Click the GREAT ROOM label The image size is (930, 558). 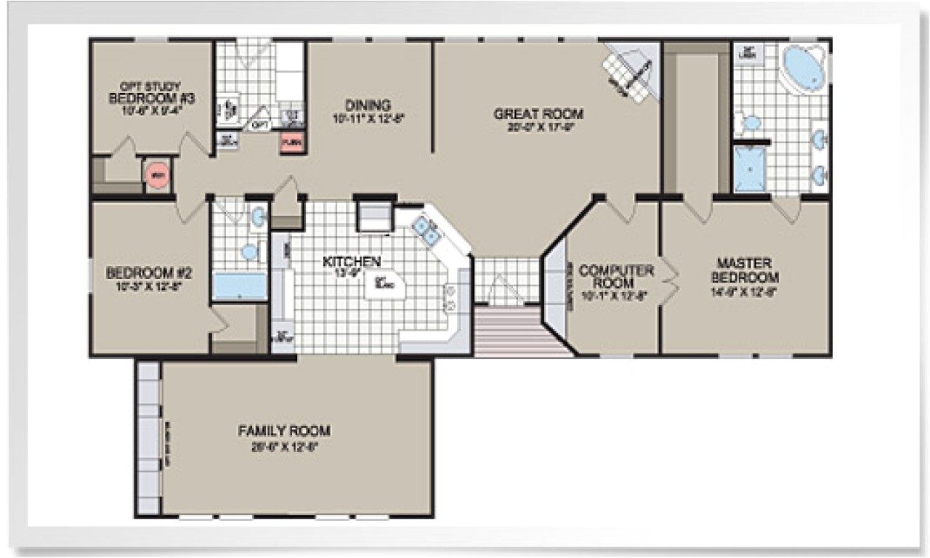538,114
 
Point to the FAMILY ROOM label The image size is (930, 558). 279,431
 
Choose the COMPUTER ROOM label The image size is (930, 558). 617,275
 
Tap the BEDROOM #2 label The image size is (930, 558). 149,273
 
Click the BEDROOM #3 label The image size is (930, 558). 150,97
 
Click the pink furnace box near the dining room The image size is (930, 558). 292,142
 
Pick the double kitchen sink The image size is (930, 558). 426,230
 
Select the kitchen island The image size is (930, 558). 383,284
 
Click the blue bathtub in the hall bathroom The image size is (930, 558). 239,286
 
